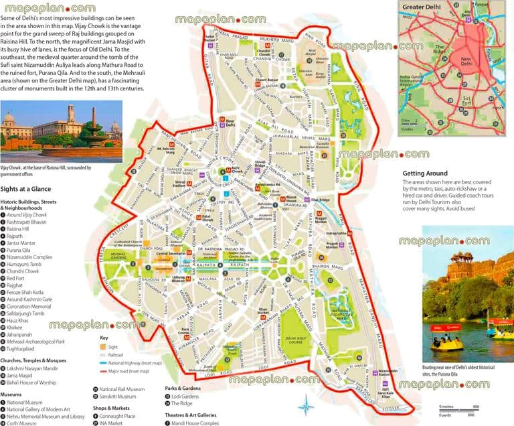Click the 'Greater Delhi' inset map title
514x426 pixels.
click(x=426, y=9)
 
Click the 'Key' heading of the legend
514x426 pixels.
click(x=104, y=338)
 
